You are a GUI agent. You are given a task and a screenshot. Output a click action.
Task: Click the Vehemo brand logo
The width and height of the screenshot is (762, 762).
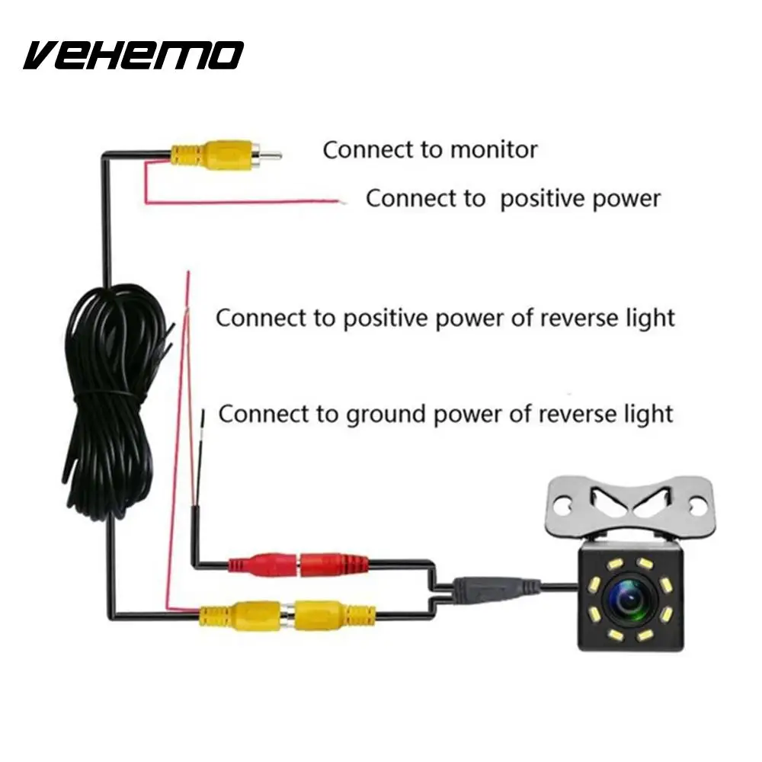[x=133, y=55]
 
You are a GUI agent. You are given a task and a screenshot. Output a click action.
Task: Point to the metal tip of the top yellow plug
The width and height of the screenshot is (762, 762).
[x=270, y=155]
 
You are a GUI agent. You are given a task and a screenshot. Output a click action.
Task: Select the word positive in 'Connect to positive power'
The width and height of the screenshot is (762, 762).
[x=546, y=198]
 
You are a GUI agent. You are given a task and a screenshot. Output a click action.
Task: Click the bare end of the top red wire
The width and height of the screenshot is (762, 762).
[x=344, y=201]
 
